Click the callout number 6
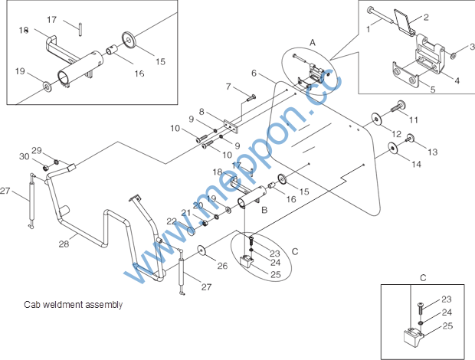click(x=254, y=73)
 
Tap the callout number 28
click(x=64, y=244)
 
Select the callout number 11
click(x=414, y=120)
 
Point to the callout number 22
click(x=172, y=221)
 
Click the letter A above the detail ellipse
click(x=313, y=43)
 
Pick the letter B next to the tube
click(x=264, y=210)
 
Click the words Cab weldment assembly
click(x=74, y=304)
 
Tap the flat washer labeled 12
click(x=376, y=119)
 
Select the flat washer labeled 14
click(x=393, y=148)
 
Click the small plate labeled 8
click(x=231, y=127)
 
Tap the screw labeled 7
click(x=251, y=97)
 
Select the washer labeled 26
click(x=201, y=250)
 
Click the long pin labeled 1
click(x=380, y=15)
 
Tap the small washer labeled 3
click(x=454, y=55)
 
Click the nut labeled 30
click(x=45, y=167)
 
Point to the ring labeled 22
click(x=192, y=231)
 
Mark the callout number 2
click(x=426, y=18)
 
